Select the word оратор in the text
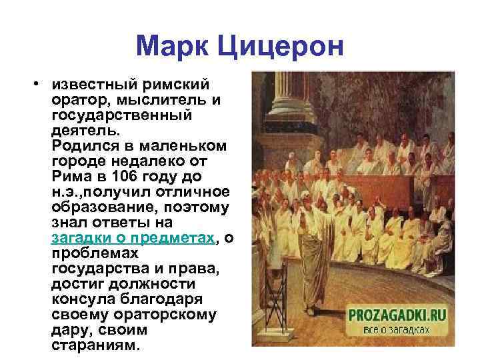72,101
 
